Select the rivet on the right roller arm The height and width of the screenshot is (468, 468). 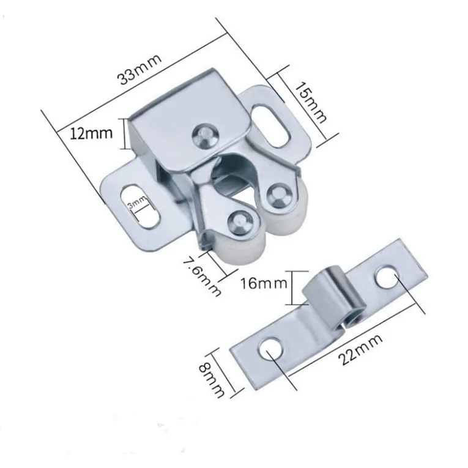(280, 193)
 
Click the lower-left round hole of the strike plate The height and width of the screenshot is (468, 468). (270, 350)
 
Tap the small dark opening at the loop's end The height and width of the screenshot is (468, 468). (352, 318)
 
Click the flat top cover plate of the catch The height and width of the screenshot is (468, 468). (184, 116)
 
